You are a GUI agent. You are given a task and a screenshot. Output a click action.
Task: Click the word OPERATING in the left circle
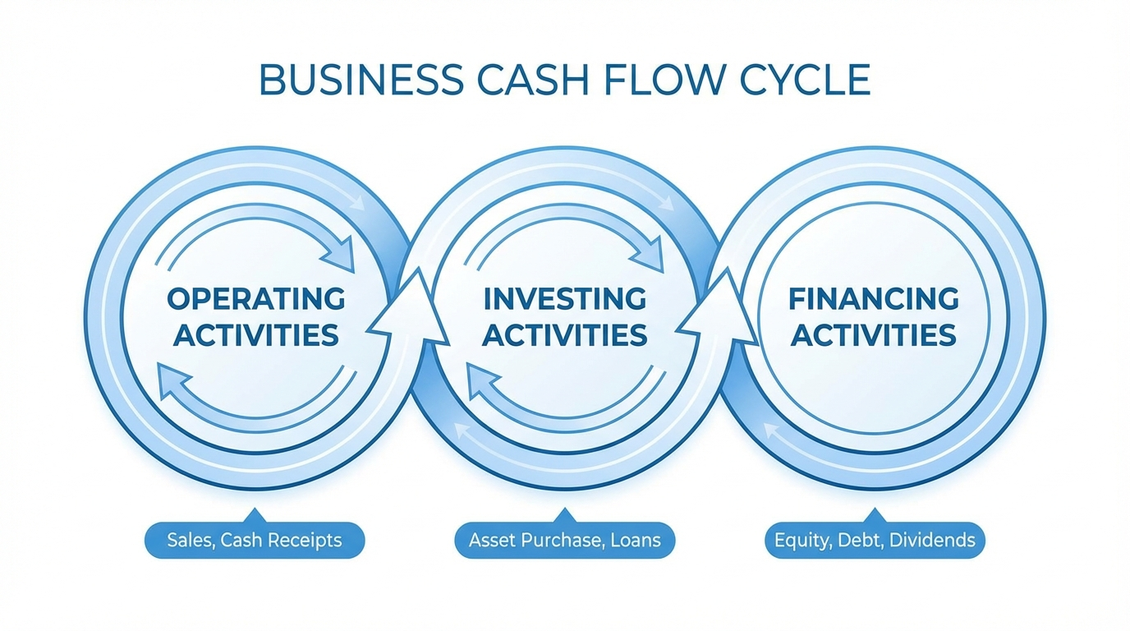pos(256,299)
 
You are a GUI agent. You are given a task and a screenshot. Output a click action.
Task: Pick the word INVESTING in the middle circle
pos(564,299)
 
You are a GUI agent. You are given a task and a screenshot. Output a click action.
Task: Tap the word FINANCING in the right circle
pos(874,299)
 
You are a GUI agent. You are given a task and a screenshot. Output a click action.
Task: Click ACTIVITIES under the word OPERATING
pos(256,335)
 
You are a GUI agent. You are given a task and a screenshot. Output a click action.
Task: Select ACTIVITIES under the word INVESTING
pos(564,335)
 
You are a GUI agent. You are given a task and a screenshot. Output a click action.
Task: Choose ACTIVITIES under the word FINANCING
pos(874,335)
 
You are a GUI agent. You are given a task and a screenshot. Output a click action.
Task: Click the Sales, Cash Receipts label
pos(255,541)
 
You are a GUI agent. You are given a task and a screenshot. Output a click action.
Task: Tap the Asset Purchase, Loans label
pos(564,541)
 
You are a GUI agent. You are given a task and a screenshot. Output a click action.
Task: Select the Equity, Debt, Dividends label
pos(875,541)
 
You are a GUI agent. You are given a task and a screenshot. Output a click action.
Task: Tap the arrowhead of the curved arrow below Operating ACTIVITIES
pos(171,382)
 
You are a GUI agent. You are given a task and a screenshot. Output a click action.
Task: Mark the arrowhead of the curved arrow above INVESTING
pos(651,253)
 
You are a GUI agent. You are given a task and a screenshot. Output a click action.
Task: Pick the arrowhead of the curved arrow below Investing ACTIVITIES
pos(480,382)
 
